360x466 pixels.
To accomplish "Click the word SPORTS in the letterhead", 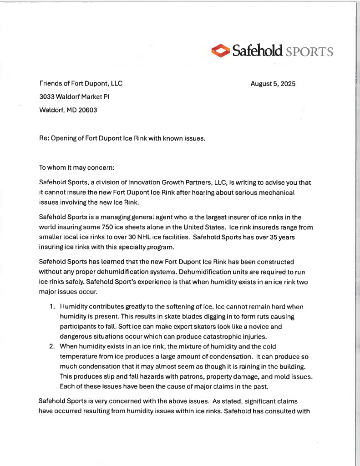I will pos(309,51).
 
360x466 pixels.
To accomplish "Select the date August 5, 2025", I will pos(273,84).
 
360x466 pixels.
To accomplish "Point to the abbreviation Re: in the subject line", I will pos(45,137).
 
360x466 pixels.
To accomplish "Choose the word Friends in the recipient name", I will pos(50,84).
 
